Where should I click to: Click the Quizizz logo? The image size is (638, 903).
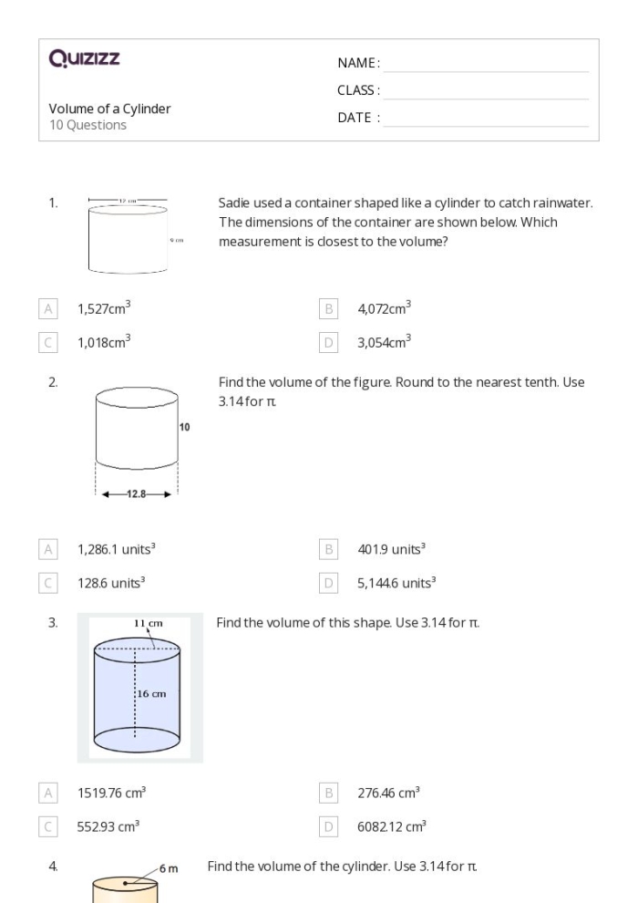pos(85,60)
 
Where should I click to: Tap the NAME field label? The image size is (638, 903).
pos(358,63)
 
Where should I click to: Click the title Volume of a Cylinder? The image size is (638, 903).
pos(109,109)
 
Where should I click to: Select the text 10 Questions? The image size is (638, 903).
pos(87,125)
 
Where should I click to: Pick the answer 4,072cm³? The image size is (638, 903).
pos(384,309)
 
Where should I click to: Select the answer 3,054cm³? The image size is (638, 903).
pos(384,342)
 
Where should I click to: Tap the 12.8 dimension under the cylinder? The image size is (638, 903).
pos(136,494)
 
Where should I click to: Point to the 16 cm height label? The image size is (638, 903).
pos(152,695)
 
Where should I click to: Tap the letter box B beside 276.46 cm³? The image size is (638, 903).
pos(329,794)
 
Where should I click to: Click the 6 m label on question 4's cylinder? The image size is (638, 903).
pos(169,867)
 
